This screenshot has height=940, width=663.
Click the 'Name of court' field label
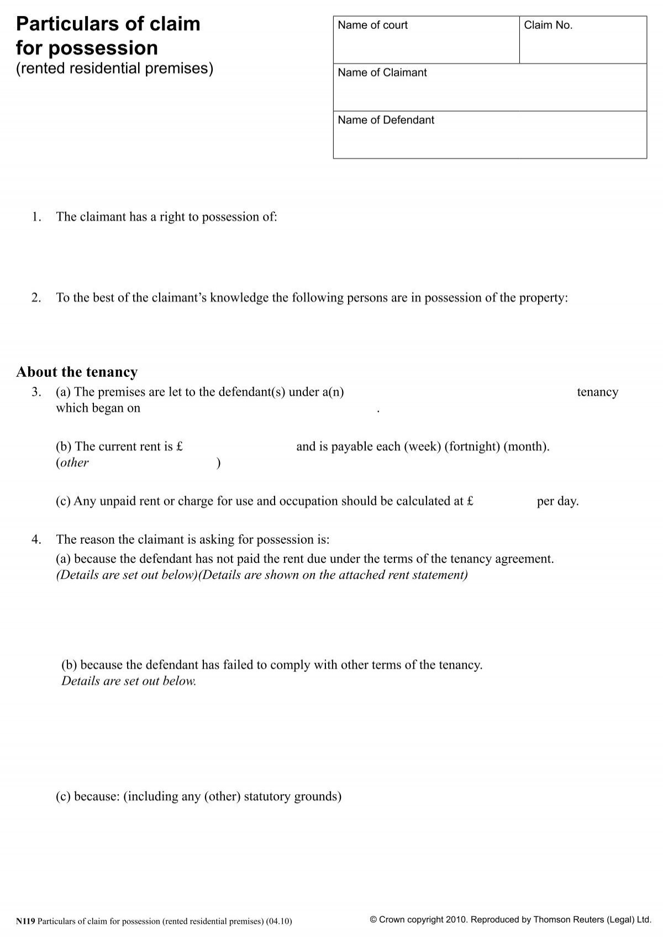click(x=372, y=25)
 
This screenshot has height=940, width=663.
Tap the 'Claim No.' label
click(x=548, y=25)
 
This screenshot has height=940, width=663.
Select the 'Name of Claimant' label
click(x=382, y=73)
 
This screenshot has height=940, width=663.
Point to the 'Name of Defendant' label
click(x=386, y=120)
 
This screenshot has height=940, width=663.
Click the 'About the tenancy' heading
click(x=77, y=372)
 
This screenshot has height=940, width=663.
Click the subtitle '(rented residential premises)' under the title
click(x=114, y=69)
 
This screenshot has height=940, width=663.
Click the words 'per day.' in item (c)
click(x=557, y=502)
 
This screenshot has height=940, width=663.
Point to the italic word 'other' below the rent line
click(x=73, y=463)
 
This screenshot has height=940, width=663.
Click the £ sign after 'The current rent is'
click(x=180, y=447)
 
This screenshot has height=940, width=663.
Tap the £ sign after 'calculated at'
click(x=470, y=502)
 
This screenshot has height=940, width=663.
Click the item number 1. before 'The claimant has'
click(x=36, y=217)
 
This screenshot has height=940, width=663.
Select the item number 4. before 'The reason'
click(x=36, y=540)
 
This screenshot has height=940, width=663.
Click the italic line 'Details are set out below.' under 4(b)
click(x=129, y=681)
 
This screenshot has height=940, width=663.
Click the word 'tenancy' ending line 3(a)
click(x=597, y=392)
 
